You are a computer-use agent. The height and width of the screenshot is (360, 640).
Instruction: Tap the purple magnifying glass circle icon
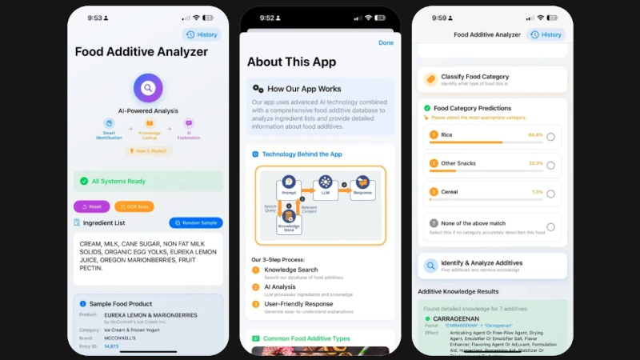click(x=148, y=87)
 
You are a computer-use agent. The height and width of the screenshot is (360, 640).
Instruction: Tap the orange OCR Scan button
click(x=134, y=206)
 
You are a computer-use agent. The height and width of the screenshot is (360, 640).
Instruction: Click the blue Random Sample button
click(x=196, y=223)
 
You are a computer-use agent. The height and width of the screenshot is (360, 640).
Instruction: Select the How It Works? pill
click(x=148, y=150)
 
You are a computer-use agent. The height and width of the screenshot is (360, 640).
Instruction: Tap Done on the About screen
click(x=386, y=42)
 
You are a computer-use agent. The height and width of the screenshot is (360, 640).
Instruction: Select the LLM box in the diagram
click(x=325, y=186)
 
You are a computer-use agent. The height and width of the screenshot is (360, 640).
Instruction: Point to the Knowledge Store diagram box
click(x=289, y=225)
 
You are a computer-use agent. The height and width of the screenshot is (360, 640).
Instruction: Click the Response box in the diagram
click(x=362, y=186)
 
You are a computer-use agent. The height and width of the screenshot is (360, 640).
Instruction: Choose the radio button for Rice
click(x=550, y=137)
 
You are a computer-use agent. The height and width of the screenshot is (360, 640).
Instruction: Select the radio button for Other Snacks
click(x=550, y=165)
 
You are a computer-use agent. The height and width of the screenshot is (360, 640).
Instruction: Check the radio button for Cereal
click(x=550, y=194)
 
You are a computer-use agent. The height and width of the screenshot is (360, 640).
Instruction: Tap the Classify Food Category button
click(x=492, y=79)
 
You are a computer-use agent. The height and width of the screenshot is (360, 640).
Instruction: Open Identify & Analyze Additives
click(x=492, y=266)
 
